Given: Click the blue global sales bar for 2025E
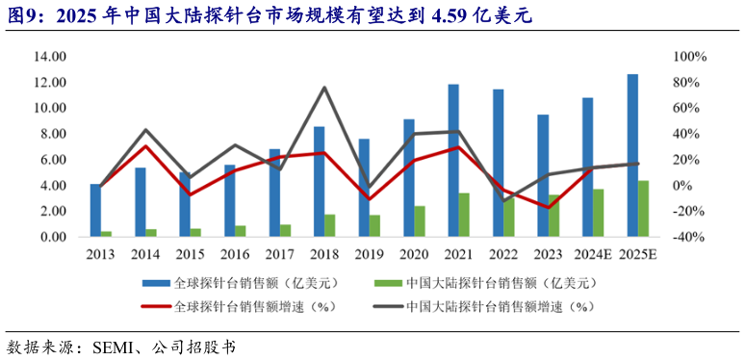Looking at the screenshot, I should tap(632, 155).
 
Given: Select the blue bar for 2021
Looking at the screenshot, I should tap(453, 160).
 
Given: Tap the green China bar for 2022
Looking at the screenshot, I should tap(509, 216).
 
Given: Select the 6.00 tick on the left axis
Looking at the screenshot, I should tap(51, 160).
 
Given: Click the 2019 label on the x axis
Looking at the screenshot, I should tap(370, 254).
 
